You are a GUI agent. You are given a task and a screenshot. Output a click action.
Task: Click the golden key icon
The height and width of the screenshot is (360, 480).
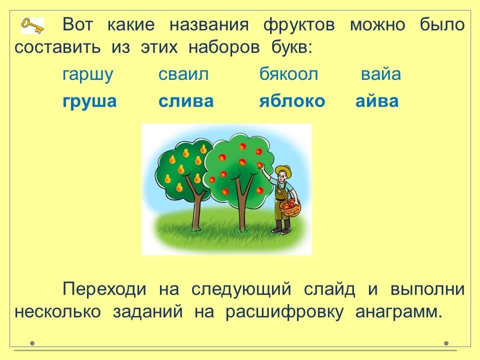tap(32, 25)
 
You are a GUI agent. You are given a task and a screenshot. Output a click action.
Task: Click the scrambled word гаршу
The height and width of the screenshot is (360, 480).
tap(88, 74)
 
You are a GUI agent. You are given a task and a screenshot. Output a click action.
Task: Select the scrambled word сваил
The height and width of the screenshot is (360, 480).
tap(183, 74)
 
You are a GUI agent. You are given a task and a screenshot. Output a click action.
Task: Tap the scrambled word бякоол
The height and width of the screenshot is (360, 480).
tap(288, 74)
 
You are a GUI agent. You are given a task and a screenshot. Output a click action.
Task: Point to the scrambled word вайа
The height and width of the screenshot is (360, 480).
tap(381, 74)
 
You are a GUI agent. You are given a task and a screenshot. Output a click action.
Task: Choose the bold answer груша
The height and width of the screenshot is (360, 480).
tap(89, 101)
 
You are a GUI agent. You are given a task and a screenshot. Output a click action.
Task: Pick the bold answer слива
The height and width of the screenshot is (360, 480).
tap(186, 101)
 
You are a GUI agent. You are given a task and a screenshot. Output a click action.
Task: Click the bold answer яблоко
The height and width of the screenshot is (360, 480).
tap(292, 100)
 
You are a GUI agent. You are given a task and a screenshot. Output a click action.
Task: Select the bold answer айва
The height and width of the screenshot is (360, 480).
tap(377, 100)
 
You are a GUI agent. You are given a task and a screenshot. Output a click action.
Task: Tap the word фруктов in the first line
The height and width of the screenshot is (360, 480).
tap(299, 25)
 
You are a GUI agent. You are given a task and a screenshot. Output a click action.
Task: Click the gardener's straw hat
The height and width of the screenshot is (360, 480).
tap(283, 170)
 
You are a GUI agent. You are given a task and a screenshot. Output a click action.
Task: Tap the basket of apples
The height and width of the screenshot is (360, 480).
tap(290, 207)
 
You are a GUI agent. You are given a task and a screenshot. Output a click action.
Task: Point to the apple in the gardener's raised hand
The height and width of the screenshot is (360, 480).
tap(260, 165)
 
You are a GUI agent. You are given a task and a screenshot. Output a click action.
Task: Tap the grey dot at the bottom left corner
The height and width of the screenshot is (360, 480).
tap(32, 343)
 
